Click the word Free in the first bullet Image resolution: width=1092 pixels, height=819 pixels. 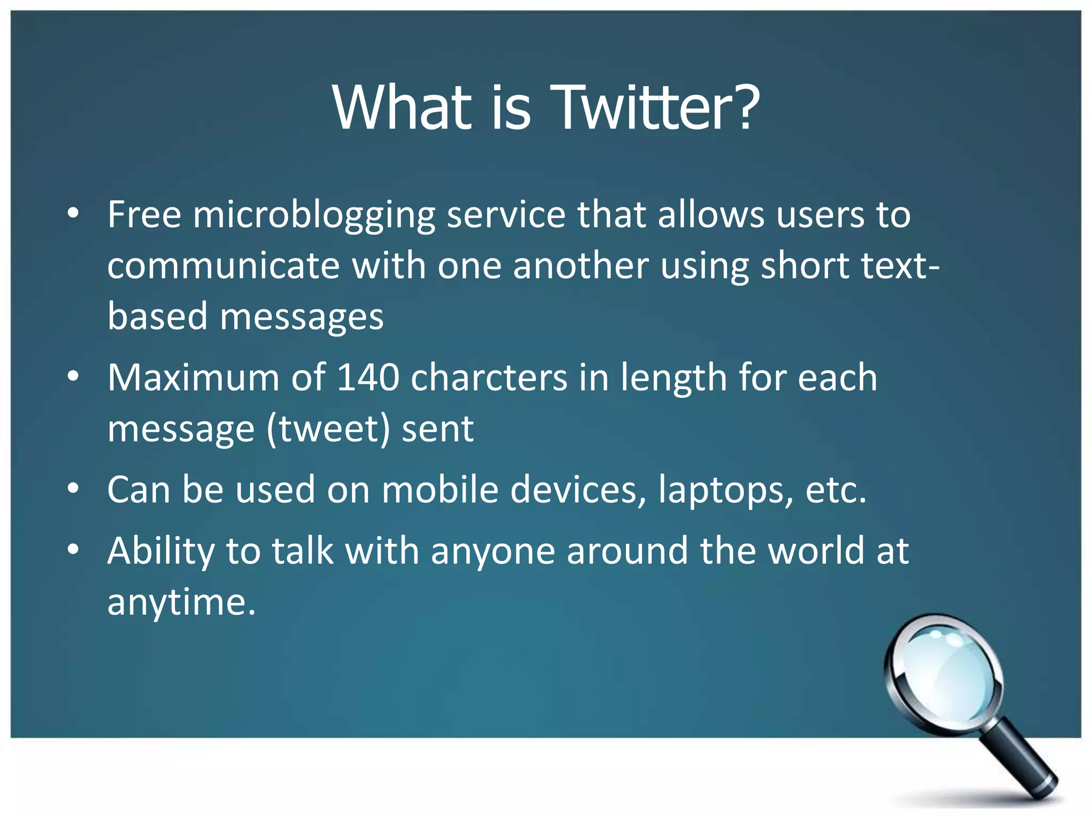point(144,215)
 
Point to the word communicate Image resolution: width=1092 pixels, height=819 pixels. point(223,266)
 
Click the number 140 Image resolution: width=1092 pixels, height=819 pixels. point(368,378)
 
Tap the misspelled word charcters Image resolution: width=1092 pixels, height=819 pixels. point(489,378)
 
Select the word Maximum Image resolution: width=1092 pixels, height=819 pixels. point(194,378)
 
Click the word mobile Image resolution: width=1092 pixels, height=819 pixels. point(440,489)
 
